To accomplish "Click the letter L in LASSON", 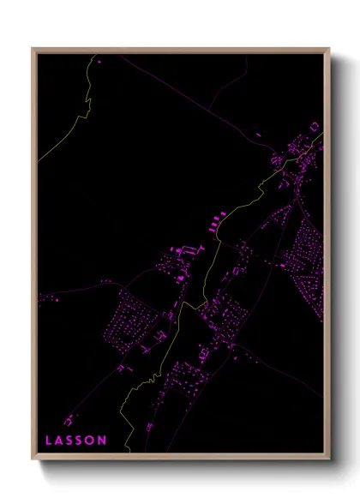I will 49,440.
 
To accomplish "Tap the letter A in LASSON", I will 60,440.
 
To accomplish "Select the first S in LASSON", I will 70,440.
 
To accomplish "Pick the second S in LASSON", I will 81,440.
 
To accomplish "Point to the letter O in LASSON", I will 91,440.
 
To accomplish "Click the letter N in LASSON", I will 102,440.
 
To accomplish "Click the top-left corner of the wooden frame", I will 33,49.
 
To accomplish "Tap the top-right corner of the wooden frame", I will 329,49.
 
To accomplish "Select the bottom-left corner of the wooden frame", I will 33,459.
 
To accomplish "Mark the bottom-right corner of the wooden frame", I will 329,459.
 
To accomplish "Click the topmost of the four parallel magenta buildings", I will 222,213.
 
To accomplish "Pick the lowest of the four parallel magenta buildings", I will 208,231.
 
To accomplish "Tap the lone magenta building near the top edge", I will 98,62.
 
